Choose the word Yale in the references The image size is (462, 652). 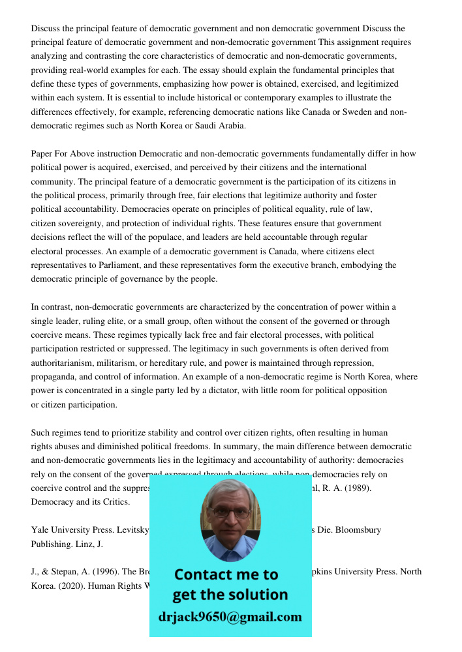tap(40, 530)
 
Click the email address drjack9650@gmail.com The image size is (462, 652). tap(230, 616)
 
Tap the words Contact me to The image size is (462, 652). tap(226, 574)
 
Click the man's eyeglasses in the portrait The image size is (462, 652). tap(230, 512)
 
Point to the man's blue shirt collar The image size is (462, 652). tap(230, 552)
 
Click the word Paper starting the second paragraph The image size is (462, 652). tap(42, 154)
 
